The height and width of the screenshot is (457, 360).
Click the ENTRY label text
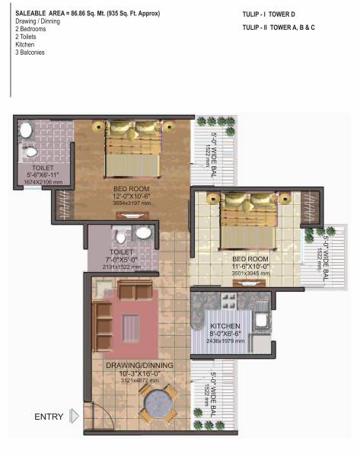point(49,417)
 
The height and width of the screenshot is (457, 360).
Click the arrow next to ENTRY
point(74,416)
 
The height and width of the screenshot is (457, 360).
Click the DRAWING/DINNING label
point(139,366)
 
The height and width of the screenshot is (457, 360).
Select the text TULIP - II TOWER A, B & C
point(279,27)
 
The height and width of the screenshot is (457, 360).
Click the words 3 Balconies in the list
point(27,52)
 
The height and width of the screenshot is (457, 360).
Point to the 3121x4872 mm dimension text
point(139,380)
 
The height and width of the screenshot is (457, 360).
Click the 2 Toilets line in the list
point(24,37)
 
